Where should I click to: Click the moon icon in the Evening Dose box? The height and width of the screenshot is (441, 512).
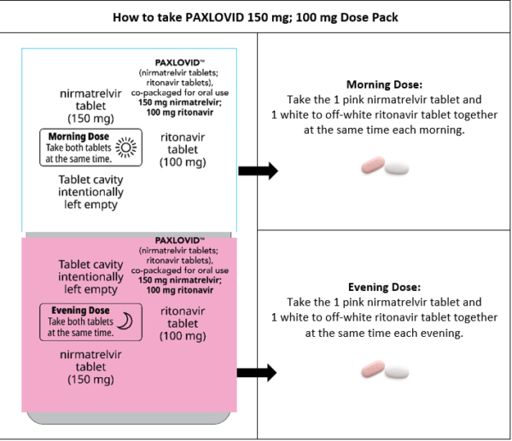tap(125, 321)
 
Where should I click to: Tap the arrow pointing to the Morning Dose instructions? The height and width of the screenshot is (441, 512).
tap(258, 171)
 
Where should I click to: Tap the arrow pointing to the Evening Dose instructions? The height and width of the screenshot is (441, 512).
tap(258, 372)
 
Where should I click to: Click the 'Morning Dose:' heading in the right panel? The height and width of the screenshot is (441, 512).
tap(384, 84)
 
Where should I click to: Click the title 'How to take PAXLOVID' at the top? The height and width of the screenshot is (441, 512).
tap(256, 15)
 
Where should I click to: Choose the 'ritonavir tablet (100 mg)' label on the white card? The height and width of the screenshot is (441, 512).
tap(183, 148)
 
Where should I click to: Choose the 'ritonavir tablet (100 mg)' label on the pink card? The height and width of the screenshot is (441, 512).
tap(183, 323)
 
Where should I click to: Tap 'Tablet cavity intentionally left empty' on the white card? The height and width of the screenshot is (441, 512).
tap(88, 192)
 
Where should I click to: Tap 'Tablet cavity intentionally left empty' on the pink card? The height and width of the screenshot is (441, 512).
tap(90, 277)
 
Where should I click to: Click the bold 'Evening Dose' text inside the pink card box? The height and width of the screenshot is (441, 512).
tap(80, 310)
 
